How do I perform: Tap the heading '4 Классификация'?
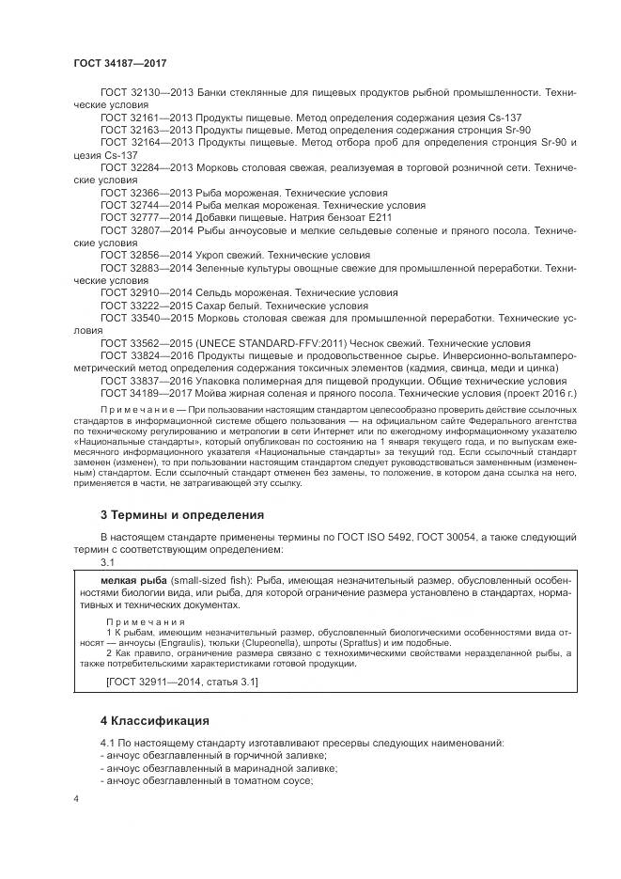[x=155, y=722]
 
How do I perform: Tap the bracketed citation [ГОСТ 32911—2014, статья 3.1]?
[x=181, y=680]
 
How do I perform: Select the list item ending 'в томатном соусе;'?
[x=208, y=780]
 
